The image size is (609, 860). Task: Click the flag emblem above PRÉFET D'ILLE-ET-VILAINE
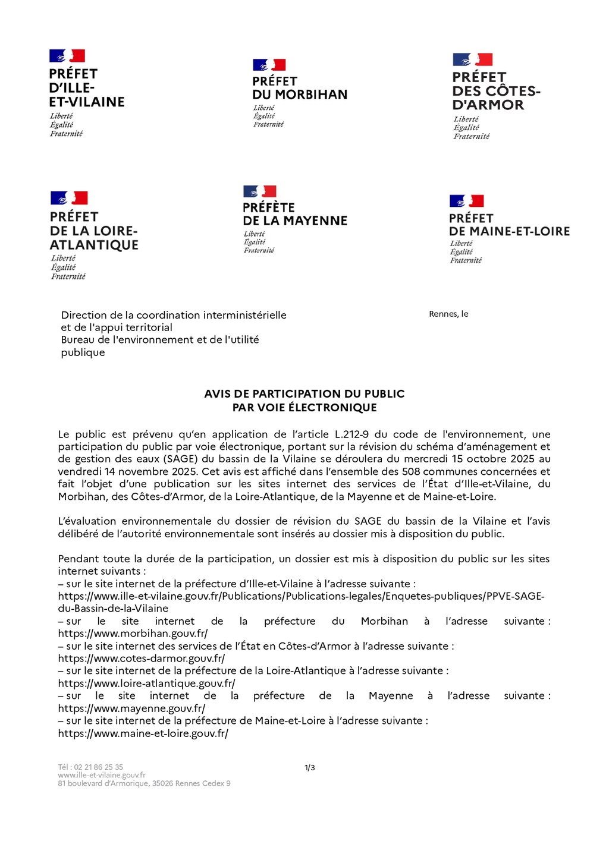[x=67, y=56]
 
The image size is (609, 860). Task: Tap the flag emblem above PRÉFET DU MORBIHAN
[x=269, y=65]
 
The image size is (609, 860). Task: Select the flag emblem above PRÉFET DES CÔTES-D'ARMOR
[x=473, y=59]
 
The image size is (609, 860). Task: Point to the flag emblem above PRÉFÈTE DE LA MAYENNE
[x=260, y=191]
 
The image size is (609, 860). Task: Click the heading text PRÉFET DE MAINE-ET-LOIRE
[x=509, y=225]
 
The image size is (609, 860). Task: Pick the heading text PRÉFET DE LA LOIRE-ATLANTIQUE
[x=94, y=231]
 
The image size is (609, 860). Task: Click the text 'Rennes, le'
[x=448, y=314]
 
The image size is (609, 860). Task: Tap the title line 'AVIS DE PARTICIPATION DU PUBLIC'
[x=304, y=393]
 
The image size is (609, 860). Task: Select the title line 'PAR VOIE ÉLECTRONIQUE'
[x=304, y=408]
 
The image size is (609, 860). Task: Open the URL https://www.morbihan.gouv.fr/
[x=133, y=634]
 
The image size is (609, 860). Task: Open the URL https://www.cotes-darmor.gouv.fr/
[x=142, y=659]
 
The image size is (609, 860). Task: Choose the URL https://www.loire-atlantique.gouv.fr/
[x=146, y=683]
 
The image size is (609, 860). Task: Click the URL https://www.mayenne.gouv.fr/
[x=131, y=708]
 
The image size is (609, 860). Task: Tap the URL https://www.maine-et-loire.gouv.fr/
[x=143, y=733]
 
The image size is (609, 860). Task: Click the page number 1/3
[x=310, y=768]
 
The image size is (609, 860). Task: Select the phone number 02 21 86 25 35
[x=99, y=767]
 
